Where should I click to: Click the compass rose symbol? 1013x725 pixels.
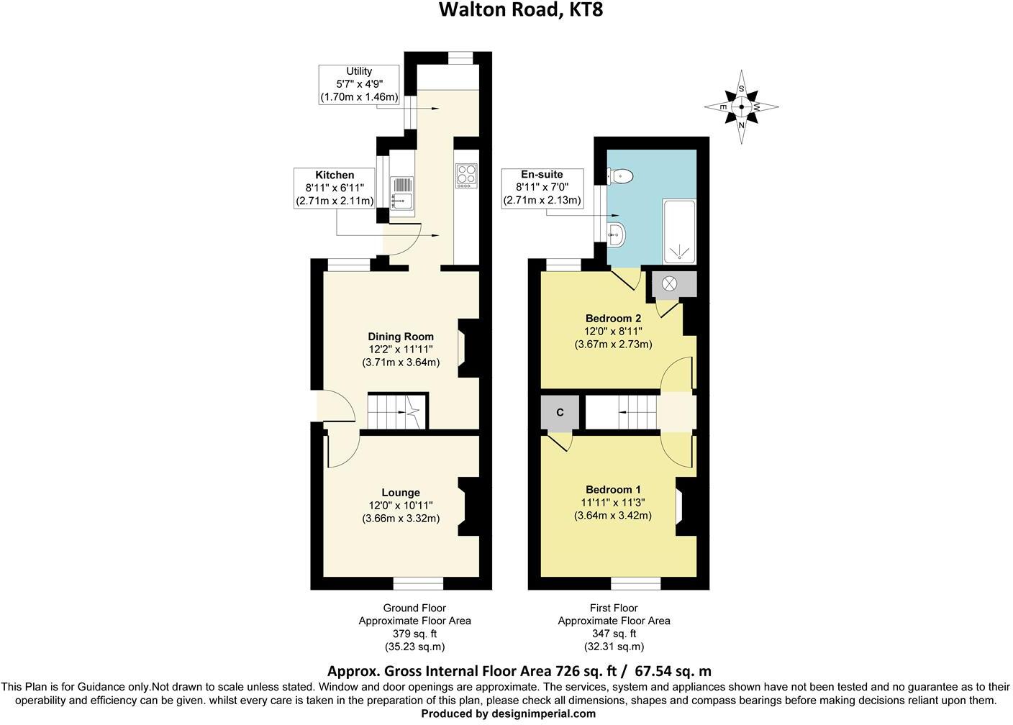(x=741, y=107)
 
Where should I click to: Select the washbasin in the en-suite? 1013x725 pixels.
(x=617, y=232)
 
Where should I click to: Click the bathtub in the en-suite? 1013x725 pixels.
(x=679, y=232)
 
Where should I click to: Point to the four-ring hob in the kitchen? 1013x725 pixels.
(x=465, y=175)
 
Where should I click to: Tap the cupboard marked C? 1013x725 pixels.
(x=560, y=413)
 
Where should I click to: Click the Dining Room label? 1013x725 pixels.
(x=401, y=337)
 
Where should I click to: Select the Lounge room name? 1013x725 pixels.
(x=401, y=493)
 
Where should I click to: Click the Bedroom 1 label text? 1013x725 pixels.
(x=613, y=490)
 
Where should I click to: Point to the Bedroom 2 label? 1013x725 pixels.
(x=613, y=319)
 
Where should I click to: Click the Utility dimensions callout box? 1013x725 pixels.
(x=359, y=84)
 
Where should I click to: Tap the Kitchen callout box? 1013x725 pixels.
(x=335, y=188)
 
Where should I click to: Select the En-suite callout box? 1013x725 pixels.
(x=542, y=188)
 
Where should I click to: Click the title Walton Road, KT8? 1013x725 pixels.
(x=517, y=11)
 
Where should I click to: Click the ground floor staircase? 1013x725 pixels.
(x=397, y=412)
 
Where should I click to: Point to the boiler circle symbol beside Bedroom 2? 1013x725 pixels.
(x=669, y=283)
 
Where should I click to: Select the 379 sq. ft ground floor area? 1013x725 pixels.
(x=414, y=634)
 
